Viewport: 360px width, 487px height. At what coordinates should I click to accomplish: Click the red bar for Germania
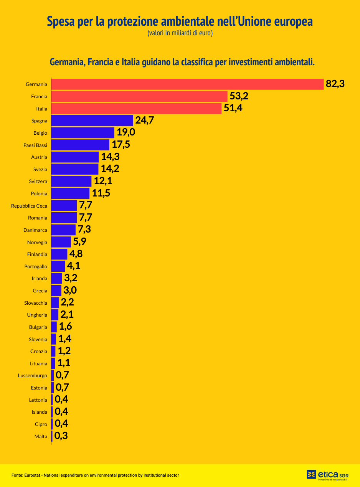187,84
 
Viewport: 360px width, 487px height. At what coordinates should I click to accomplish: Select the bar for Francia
139,96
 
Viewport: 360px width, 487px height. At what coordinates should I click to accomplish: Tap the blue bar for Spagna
92,121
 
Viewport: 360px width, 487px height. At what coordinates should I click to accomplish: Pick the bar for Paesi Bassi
80,145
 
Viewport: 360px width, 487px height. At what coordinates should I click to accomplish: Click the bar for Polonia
70,193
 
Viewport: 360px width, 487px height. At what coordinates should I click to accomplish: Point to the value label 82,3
335,84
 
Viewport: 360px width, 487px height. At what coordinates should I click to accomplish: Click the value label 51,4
233,108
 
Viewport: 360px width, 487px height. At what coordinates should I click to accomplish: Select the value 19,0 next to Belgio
126,132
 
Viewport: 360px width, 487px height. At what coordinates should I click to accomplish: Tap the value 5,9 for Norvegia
79,242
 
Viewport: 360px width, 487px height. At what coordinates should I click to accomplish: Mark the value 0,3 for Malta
61,436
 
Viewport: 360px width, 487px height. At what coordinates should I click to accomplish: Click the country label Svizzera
38,181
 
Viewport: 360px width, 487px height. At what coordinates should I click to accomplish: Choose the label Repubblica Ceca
29,206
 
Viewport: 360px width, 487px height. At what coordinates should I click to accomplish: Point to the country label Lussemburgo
33,376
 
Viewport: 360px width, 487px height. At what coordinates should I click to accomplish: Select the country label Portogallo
36,266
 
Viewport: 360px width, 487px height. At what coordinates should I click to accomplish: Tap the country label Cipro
41,424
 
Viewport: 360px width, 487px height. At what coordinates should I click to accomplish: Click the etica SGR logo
327,475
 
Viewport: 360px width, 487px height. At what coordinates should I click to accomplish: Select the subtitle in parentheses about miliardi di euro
180,33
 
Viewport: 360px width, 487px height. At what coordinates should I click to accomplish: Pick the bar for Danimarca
63,230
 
